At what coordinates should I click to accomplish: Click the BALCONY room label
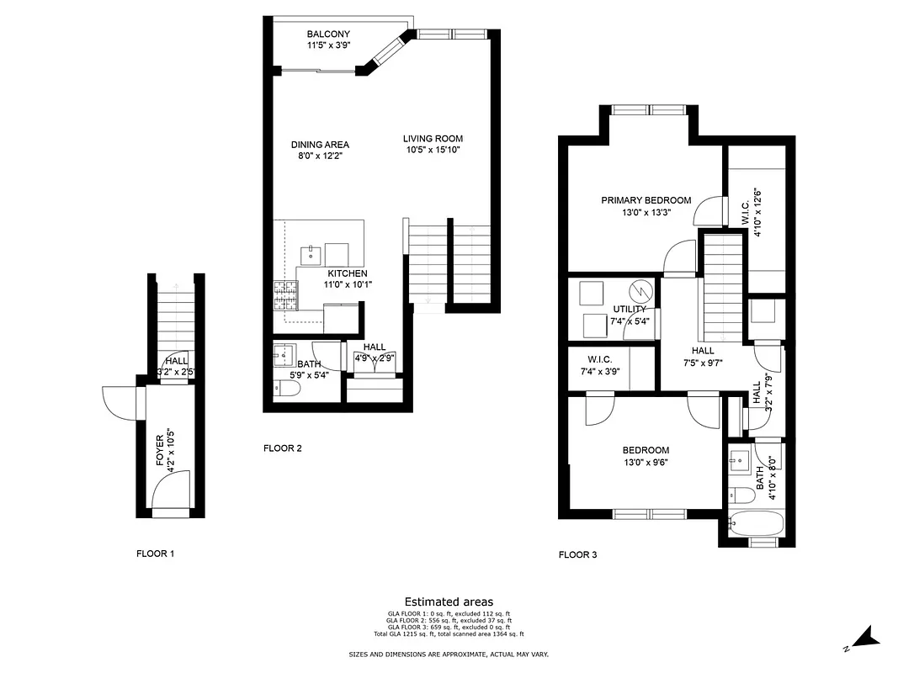click(x=305, y=34)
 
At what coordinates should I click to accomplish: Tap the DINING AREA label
click(x=320, y=145)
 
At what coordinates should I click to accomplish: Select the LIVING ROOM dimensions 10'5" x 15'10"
click(x=432, y=150)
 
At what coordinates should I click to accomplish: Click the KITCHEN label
click(x=348, y=273)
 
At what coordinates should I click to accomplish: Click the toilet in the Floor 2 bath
click(x=284, y=389)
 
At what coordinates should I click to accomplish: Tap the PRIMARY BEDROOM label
click(x=646, y=200)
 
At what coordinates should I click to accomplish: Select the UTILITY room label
click(x=630, y=310)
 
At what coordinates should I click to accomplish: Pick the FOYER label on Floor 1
click(x=161, y=447)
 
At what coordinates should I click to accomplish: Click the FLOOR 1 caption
click(x=156, y=554)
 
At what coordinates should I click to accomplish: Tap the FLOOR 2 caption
click(x=283, y=448)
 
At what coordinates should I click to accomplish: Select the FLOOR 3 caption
click(x=578, y=554)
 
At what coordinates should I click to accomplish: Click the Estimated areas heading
click(x=449, y=601)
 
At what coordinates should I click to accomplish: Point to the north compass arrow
click(x=868, y=639)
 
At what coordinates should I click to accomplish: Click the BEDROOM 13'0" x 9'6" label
click(x=646, y=450)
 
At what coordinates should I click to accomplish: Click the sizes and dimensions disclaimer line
click(x=449, y=654)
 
